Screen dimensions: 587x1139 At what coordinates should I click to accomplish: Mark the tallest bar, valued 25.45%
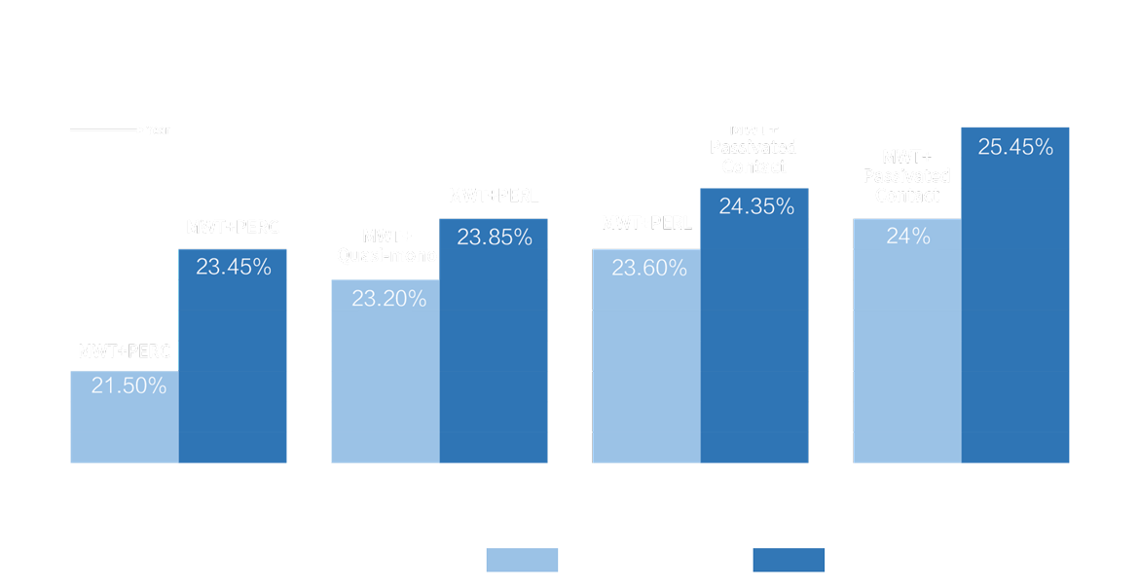(1015, 302)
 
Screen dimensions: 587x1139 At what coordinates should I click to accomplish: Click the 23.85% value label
(495, 237)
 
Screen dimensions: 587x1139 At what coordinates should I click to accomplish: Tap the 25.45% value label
(1015, 148)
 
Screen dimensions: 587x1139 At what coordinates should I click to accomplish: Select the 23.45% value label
(234, 267)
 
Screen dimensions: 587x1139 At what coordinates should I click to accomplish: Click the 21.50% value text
(129, 385)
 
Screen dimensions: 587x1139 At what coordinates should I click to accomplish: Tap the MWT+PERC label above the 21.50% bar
(125, 352)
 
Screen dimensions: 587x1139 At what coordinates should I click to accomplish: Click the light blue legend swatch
(522, 560)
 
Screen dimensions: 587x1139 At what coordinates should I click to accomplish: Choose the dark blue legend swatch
(789, 560)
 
